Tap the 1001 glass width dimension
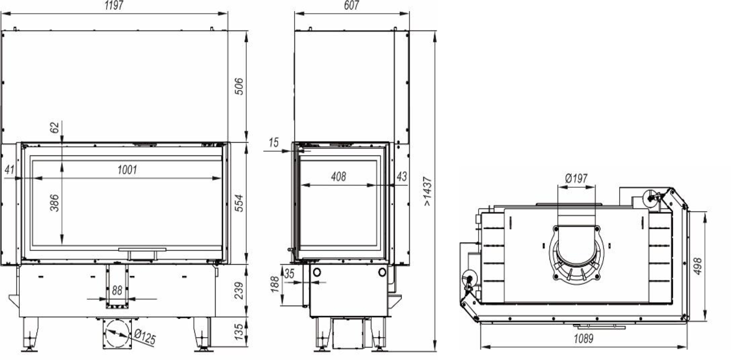[127, 170]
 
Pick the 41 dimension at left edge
[9, 170]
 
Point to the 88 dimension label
[117, 290]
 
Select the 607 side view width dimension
[351, 5]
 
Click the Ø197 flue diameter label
[576, 179]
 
